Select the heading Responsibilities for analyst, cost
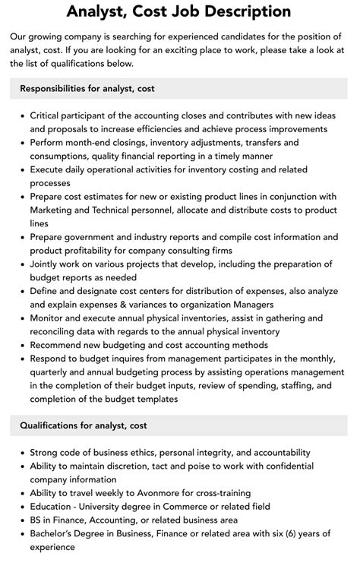pos(87,88)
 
